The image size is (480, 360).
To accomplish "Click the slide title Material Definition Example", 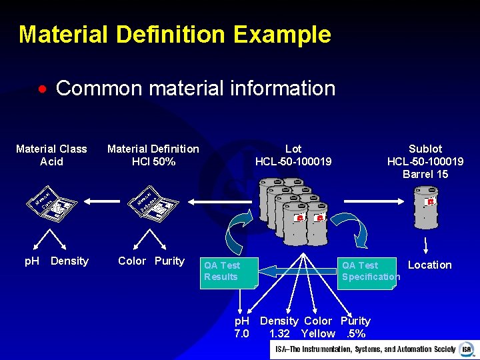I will tap(175, 34).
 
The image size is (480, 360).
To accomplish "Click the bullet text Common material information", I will tap(195, 88).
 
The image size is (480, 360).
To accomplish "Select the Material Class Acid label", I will tap(51, 155).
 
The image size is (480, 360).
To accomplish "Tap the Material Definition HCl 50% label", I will tap(153, 155).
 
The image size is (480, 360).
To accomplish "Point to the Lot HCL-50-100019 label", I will tap(293, 155).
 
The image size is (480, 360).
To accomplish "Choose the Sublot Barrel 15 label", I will tap(425, 161).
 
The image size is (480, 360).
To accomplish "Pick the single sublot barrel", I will tap(426, 207).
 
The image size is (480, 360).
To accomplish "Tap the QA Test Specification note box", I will tap(368, 271).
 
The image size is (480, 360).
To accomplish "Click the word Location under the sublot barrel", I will tap(429, 265).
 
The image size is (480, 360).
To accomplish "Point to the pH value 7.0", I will tap(241, 333).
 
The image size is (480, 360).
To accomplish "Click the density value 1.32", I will tap(279, 333).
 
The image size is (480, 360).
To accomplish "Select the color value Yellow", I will tap(318, 333).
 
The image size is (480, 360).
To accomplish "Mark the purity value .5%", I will tap(356, 333).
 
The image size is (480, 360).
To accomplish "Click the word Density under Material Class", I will tap(69, 261).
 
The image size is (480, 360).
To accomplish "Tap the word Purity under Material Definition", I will tap(169, 261).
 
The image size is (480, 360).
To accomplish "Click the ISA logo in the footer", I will tap(467, 349).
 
